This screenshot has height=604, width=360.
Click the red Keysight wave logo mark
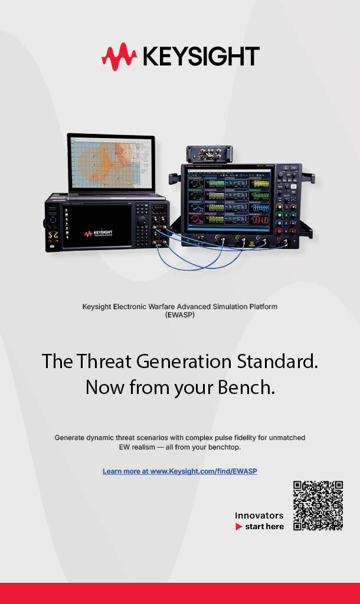pyautogui.click(x=119, y=57)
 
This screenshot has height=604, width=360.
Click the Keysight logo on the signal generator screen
pyautogui.click(x=98, y=234)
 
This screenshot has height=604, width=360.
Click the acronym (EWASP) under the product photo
pyautogui.click(x=180, y=315)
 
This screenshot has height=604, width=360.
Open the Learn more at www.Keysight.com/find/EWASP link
pyautogui.click(x=180, y=471)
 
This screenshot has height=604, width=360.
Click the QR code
pyautogui.click(x=318, y=505)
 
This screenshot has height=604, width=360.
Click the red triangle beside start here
pyautogui.click(x=238, y=526)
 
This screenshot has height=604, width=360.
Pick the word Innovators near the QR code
pyautogui.click(x=259, y=516)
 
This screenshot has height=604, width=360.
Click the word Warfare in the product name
pyautogui.click(x=172, y=307)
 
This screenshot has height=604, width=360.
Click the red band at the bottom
pyautogui.click(x=180, y=593)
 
